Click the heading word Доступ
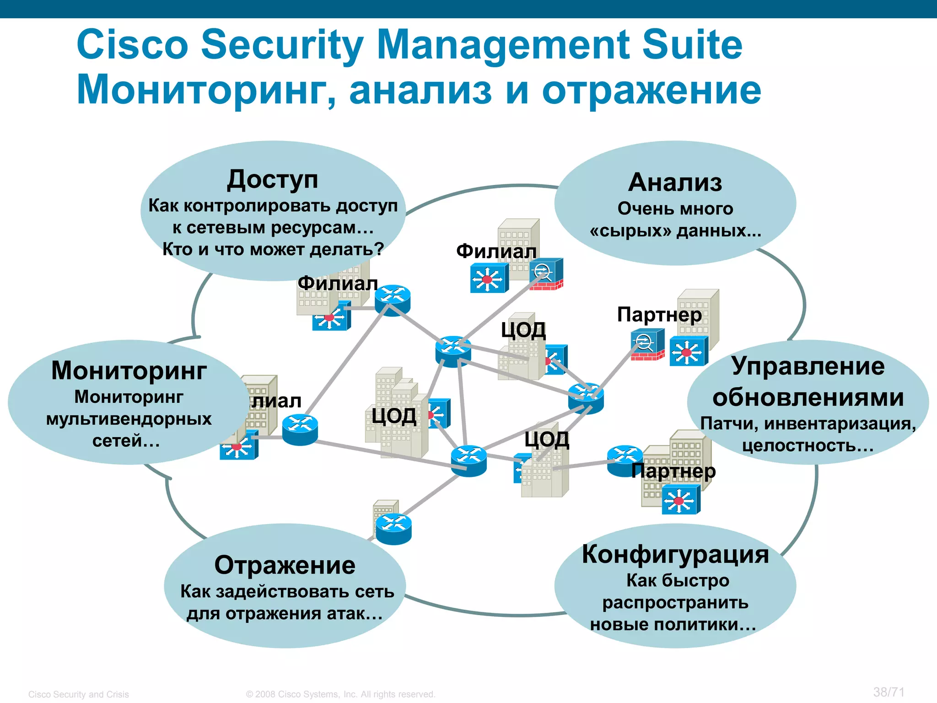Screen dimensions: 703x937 point(273,180)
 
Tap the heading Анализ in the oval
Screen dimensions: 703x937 point(675,183)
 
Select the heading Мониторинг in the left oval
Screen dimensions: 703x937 point(129,370)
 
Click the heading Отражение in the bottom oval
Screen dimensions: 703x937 point(285,565)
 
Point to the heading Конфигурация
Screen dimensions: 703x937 point(675,554)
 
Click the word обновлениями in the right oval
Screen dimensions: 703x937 point(808,397)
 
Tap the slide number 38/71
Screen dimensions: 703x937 point(889,692)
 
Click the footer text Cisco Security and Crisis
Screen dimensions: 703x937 point(79,694)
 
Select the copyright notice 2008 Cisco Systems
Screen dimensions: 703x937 point(341,694)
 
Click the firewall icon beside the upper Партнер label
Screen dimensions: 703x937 point(647,346)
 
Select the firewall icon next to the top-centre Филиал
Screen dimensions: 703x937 point(546,274)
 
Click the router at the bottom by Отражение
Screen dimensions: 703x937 point(393,529)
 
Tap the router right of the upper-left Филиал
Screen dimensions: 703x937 point(393,300)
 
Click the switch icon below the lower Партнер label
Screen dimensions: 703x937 point(681,499)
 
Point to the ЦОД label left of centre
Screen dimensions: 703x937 point(394,416)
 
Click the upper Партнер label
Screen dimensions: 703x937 point(659,314)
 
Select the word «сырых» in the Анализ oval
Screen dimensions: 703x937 point(630,231)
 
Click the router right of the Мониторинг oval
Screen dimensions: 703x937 point(300,429)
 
